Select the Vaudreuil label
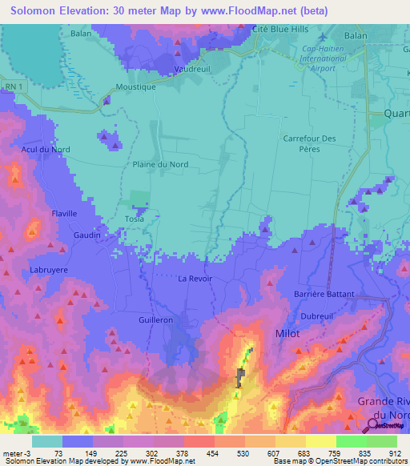tap(192, 70)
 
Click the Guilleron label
tap(155, 319)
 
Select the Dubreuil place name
tap(316, 316)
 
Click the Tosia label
tap(134, 219)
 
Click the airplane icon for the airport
tap(322, 38)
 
